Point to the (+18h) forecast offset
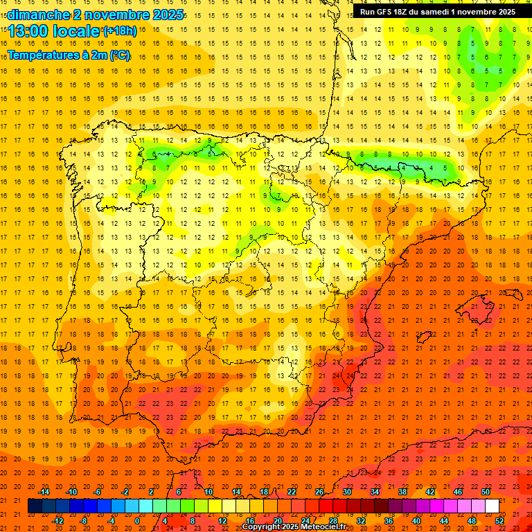(119, 30)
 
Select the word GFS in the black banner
(389, 12)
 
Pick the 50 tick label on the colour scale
(486, 492)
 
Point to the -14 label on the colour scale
(44, 492)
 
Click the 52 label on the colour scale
(500, 521)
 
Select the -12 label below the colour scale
(58, 521)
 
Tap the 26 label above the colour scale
(319, 492)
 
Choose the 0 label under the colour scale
(137, 521)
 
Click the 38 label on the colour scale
(402, 492)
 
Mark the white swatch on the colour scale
(492, 506)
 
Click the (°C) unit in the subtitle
(120, 55)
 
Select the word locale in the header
(75, 31)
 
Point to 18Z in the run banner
(407, 12)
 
